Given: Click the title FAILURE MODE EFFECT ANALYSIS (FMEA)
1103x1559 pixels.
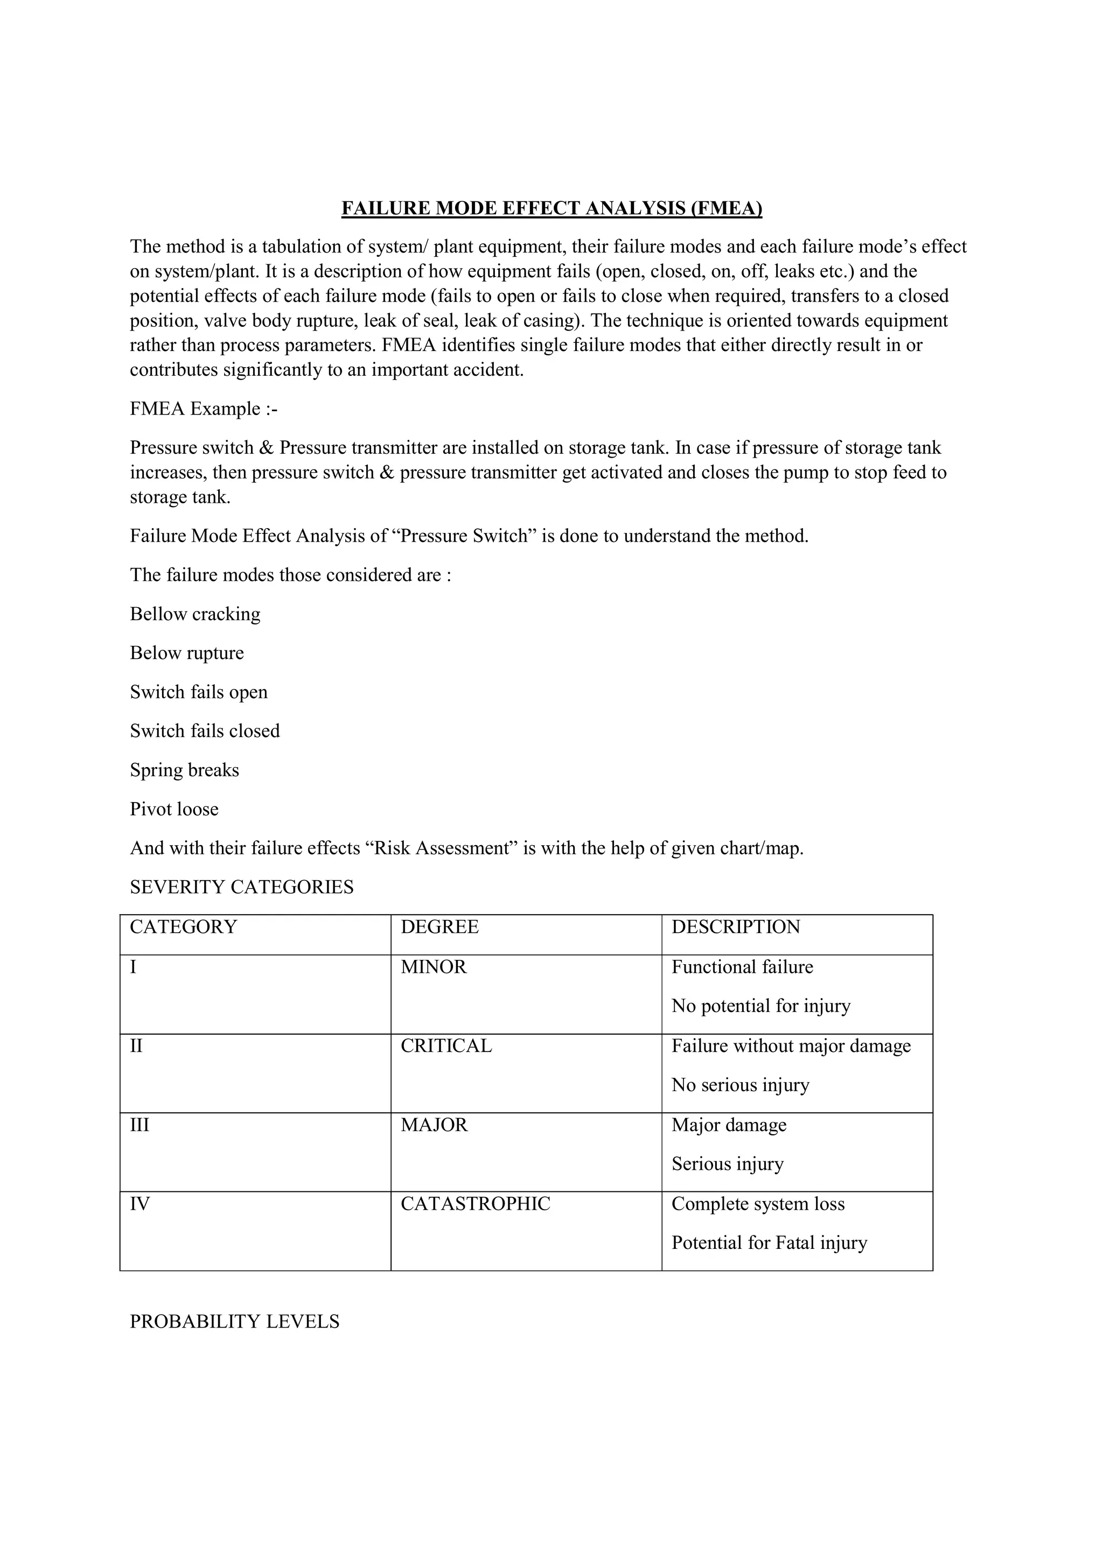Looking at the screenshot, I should point(551,208).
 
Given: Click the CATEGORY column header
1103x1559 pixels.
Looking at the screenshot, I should point(183,927).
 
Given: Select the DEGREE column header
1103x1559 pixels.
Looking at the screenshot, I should point(439,927).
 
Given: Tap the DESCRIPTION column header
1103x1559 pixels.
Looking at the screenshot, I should point(736,927).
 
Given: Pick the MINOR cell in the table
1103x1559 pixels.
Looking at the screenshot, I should point(434,967).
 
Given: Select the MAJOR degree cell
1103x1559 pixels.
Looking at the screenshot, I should point(434,1125).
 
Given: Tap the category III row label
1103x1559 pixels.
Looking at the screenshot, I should point(139,1125).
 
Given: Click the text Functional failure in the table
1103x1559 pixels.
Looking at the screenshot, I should point(742,967).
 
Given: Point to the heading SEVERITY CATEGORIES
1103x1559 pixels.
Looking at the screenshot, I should point(242,888).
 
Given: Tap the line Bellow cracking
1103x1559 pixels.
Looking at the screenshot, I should point(195,614).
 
